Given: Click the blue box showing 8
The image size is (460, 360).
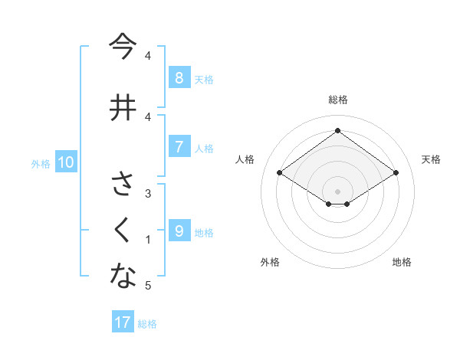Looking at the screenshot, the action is (x=179, y=78).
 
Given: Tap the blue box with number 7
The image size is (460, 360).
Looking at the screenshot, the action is (x=179, y=147).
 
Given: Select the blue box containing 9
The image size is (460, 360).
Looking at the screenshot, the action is (x=179, y=231).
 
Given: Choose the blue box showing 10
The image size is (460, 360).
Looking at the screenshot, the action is (x=65, y=162).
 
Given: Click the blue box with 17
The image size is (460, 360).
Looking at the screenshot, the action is (x=123, y=322).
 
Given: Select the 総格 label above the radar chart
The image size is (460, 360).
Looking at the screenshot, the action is (x=337, y=100).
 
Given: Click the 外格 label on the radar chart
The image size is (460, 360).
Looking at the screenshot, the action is (x=270, y=262).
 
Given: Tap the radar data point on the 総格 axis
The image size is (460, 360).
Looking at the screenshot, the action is (x=337, y=130).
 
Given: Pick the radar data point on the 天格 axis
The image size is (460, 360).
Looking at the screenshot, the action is (x=396, y=173).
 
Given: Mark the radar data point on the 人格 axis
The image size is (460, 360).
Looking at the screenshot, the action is (x=280, y=173).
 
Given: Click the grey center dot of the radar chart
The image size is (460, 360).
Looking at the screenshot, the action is (x=337, y=191).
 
